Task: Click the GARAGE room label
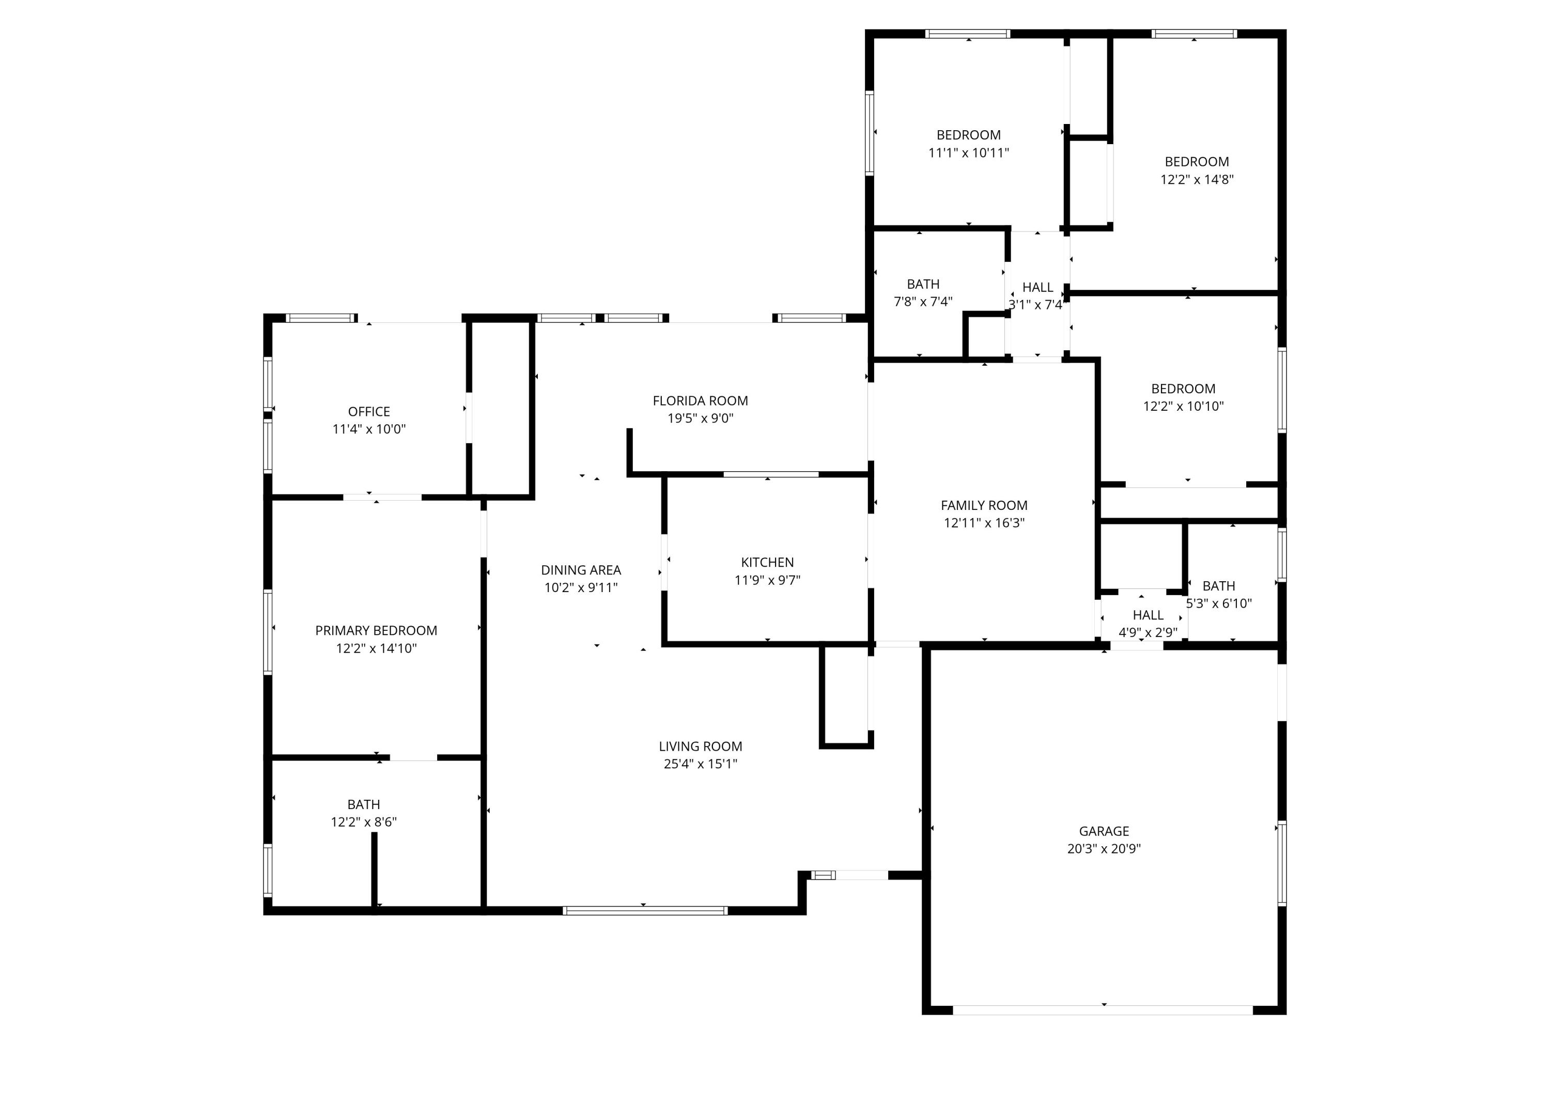click(1104, 831)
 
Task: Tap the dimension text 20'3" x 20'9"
click(1104, 848)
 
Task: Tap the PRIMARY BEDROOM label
click(376, 630)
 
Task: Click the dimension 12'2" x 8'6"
click(363, 822)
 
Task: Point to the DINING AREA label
click(580, 570)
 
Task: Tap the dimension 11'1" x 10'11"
click(968, 153)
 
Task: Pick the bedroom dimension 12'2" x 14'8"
click(1197, 179)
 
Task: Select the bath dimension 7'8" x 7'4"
click(923, 301)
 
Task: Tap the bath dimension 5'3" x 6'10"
click(1218, 603)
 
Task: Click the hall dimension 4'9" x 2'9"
click(1148, 632)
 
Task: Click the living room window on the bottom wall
click(645, 911)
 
